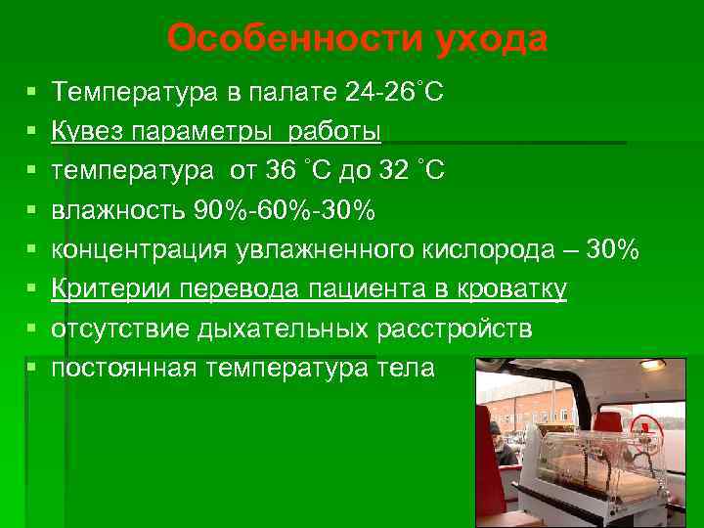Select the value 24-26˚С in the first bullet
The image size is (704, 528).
(x=395, y=93)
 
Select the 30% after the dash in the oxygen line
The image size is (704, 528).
(x=613, y=250)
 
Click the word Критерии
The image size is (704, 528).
(x=101, y=289)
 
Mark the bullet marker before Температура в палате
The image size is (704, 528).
(x=33, y=93)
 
